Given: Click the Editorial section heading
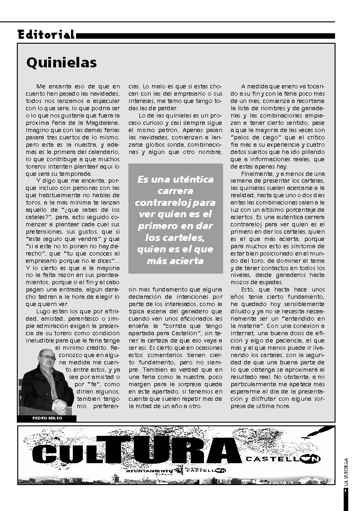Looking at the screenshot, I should coord(46,35).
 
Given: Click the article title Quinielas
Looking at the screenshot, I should coord(61,62).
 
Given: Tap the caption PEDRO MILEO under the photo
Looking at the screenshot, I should coord(47,418).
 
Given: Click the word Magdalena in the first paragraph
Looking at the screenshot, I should coord(103,123).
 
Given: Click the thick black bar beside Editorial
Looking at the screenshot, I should coord(205,36).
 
